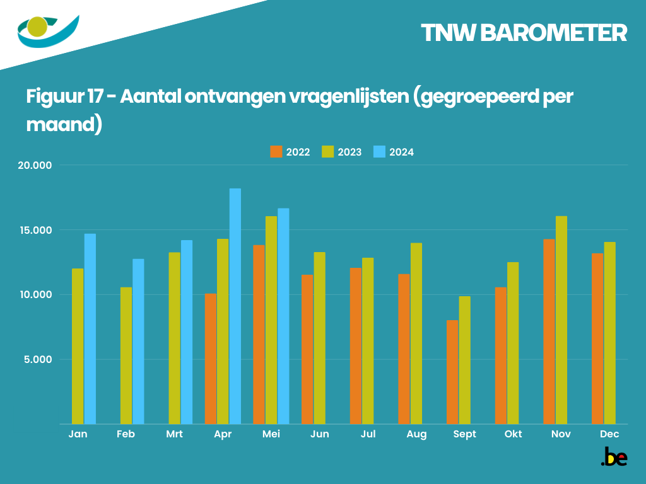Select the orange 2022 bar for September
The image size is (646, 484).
452,372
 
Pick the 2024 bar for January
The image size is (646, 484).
90,328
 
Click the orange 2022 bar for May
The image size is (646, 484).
259,334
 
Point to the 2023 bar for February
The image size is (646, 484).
126,355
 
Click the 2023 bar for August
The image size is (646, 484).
416,333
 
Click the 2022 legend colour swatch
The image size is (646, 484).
276,152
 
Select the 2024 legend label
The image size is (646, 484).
401,152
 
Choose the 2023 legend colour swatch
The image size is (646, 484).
327,152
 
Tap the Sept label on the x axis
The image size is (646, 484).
464,434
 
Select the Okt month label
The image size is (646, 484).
513,434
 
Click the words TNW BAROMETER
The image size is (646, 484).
524,33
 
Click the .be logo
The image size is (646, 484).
614,457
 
